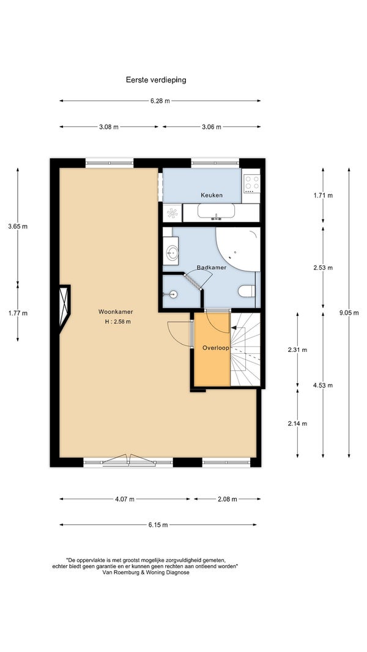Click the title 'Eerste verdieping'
click(x=156, y=80)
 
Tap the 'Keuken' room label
click(x=212, y=195)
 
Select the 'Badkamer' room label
click(x=212, y=268)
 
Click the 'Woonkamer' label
click(x=116, y=312)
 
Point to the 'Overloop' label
click(x=215, y=348)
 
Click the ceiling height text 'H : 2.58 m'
click(x=118, y=321)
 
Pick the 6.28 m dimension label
click(x=160, y=101)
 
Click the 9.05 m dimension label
click(x=349, y=313)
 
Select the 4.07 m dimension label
click(x=124, y=499)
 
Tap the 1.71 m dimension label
click(x=323, y=196)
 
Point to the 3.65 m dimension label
click(x=18, y=227)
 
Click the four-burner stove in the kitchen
click(x=251, y=183)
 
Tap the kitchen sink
click(x=216, y=211)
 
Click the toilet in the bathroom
click(x=247, y=291)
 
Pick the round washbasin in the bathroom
click(x=171, y=251)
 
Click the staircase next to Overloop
click(x=245, y=350)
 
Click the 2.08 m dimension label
click(x=227, y=499)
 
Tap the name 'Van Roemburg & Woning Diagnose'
click(x=146, y=572)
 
